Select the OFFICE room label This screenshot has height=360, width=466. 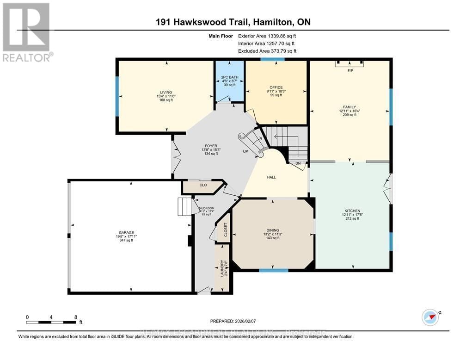pos(276,87)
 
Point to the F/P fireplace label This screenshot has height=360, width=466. pos(350,71)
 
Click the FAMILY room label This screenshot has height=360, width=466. pos(349,107)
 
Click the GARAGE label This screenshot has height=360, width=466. pos(126,233)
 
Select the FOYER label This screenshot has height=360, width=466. pos(211,146)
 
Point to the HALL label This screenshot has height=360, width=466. pos(272,177)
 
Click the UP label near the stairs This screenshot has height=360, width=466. pos(246,151)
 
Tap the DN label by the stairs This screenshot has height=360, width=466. pos(298,163)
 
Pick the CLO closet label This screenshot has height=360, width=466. pos(202,185)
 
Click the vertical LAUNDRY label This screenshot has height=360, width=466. pos(222,268)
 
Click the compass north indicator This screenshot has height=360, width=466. pos(430,317)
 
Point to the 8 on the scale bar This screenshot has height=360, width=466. pos(75,317)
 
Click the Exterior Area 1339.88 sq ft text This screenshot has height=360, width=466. pos(267,36)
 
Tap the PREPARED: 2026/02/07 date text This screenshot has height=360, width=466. pos(233,320)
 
